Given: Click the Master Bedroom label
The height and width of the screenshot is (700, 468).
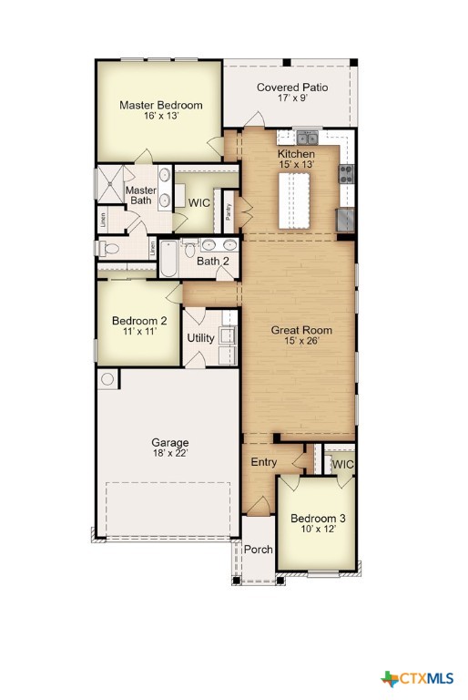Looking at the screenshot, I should [160, 105].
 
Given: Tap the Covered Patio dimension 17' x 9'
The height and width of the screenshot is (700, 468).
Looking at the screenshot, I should [291, 100].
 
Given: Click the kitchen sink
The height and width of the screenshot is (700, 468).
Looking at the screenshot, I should [309, 139].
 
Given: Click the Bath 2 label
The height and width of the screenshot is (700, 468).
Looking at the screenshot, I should [212, 262].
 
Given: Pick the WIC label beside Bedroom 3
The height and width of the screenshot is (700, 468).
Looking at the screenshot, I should [342, 464].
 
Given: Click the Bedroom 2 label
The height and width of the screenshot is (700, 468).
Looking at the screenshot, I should [139, 321].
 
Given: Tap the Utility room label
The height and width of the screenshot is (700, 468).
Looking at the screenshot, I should [200, 338].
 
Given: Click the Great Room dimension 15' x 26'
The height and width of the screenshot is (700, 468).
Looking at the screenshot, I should [301, 342].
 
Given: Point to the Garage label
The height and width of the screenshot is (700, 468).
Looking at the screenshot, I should [169, 443].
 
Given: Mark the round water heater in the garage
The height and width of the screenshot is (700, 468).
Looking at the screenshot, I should [108, 379].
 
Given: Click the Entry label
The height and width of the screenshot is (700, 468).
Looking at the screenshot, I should [264, 462].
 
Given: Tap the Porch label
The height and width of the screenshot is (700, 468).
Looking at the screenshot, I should [259, 549].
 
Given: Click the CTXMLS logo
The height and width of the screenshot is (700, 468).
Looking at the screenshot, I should [418, 678].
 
